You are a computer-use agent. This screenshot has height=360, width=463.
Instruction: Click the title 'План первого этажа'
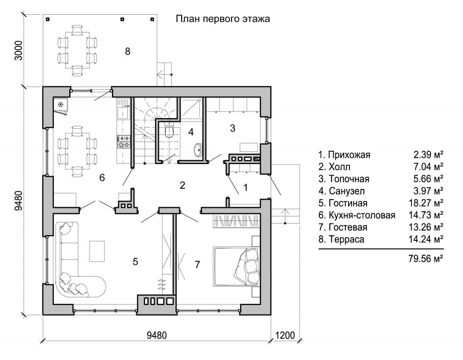pyautogui.click(x=223, y=19)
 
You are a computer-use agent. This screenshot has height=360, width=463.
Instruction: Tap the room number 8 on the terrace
pyautogui.click(x=128, y=51)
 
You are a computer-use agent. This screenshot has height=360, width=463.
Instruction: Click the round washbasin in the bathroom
pyautogui.click(x=198, y=150)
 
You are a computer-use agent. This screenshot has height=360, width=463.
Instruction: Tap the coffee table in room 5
pyautogui.click(x=97, y=251)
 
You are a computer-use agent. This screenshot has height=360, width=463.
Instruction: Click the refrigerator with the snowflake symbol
pyautogui.click(x=61, y=105)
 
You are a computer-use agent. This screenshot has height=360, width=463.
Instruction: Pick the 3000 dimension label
pyautogui.click(x=19, y=50)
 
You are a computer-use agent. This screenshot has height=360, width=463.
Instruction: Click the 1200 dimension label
pyautogui.click(x=285, y=336)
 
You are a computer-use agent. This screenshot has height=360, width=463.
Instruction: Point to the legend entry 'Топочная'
pyautogui.click(x=344, y=179)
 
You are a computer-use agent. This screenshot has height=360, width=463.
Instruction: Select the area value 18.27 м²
pyautogui.click(x=426, y=203)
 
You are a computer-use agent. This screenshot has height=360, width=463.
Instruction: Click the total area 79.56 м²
pyautogui.click(x=426, y=259)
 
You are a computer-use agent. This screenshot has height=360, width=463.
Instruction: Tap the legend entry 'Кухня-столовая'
pyautogui.click(x=357, y=215)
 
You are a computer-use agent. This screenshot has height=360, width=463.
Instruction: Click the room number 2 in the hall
pyautogui.click(x=183, y=185)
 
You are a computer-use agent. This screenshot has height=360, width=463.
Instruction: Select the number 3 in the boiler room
pyautogui.click(x=233, y=128)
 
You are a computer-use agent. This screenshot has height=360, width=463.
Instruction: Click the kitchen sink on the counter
pyautogui.click(x=123, y=113)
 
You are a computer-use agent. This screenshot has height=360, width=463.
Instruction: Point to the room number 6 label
pyautogui.click(x=102, y=178)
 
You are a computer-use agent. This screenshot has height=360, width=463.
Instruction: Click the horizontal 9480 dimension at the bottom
pyautogui.click(x=157, y=336)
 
